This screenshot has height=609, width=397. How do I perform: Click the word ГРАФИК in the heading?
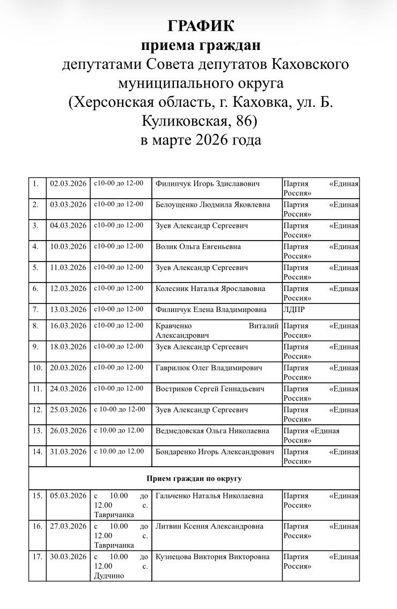click(201, 26)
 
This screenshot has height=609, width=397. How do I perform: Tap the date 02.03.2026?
click(68, 184)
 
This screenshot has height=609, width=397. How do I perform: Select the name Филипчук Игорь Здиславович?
click(207, 184)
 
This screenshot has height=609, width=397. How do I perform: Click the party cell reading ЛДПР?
click(294, 309)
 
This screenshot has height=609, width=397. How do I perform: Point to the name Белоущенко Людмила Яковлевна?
click(212, 205)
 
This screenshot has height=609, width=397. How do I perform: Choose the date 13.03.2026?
click(68, 309)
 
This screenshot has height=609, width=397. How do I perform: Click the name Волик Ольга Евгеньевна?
click(198, 247)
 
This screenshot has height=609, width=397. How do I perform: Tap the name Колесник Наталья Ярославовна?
click(210, 288)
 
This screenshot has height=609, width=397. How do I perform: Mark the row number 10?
click(37, 368)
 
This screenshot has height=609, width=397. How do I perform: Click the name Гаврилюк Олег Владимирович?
click(209, 368)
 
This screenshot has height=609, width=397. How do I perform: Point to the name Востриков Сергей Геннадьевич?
click(210, 389)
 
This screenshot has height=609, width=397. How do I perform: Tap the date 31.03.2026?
click(68, 452)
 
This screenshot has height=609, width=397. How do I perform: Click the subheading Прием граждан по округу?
click(194, 478)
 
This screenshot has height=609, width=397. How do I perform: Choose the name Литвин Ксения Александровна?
click(209, 526)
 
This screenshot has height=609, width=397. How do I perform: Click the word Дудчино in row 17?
click(109, 576)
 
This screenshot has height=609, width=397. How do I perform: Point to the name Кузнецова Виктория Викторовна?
click(212, 557)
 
